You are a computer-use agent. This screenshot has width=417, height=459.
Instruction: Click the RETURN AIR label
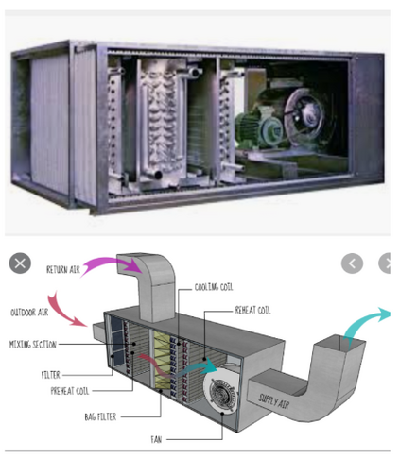(x=63, y=269)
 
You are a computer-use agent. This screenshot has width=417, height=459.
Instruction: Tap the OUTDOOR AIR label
(x=29, y=313)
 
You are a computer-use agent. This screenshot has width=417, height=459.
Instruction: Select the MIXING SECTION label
(x=33, y=345)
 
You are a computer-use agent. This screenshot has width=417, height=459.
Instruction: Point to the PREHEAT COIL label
(x=70, y=391)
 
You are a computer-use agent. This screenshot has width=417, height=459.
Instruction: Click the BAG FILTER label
(x=100, y=416)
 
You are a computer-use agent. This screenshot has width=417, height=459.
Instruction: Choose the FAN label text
(x=156, y=439)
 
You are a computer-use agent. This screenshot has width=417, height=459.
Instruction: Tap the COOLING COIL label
(x=214, y=287)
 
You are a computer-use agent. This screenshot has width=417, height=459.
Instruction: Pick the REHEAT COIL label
(x=252, y=310)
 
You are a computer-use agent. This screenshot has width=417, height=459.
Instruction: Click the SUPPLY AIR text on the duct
(x=273, y=401)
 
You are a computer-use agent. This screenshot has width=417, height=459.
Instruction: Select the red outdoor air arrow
(x=61, y=312)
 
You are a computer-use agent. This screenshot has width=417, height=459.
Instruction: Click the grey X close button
(x=20, y=263)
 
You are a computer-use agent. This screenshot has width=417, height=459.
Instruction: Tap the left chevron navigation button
(x=352, y=263)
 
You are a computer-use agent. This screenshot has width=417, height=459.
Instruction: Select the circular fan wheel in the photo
(x=304, y=114)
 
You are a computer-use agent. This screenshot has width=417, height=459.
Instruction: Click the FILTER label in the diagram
(x=50, y=375)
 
